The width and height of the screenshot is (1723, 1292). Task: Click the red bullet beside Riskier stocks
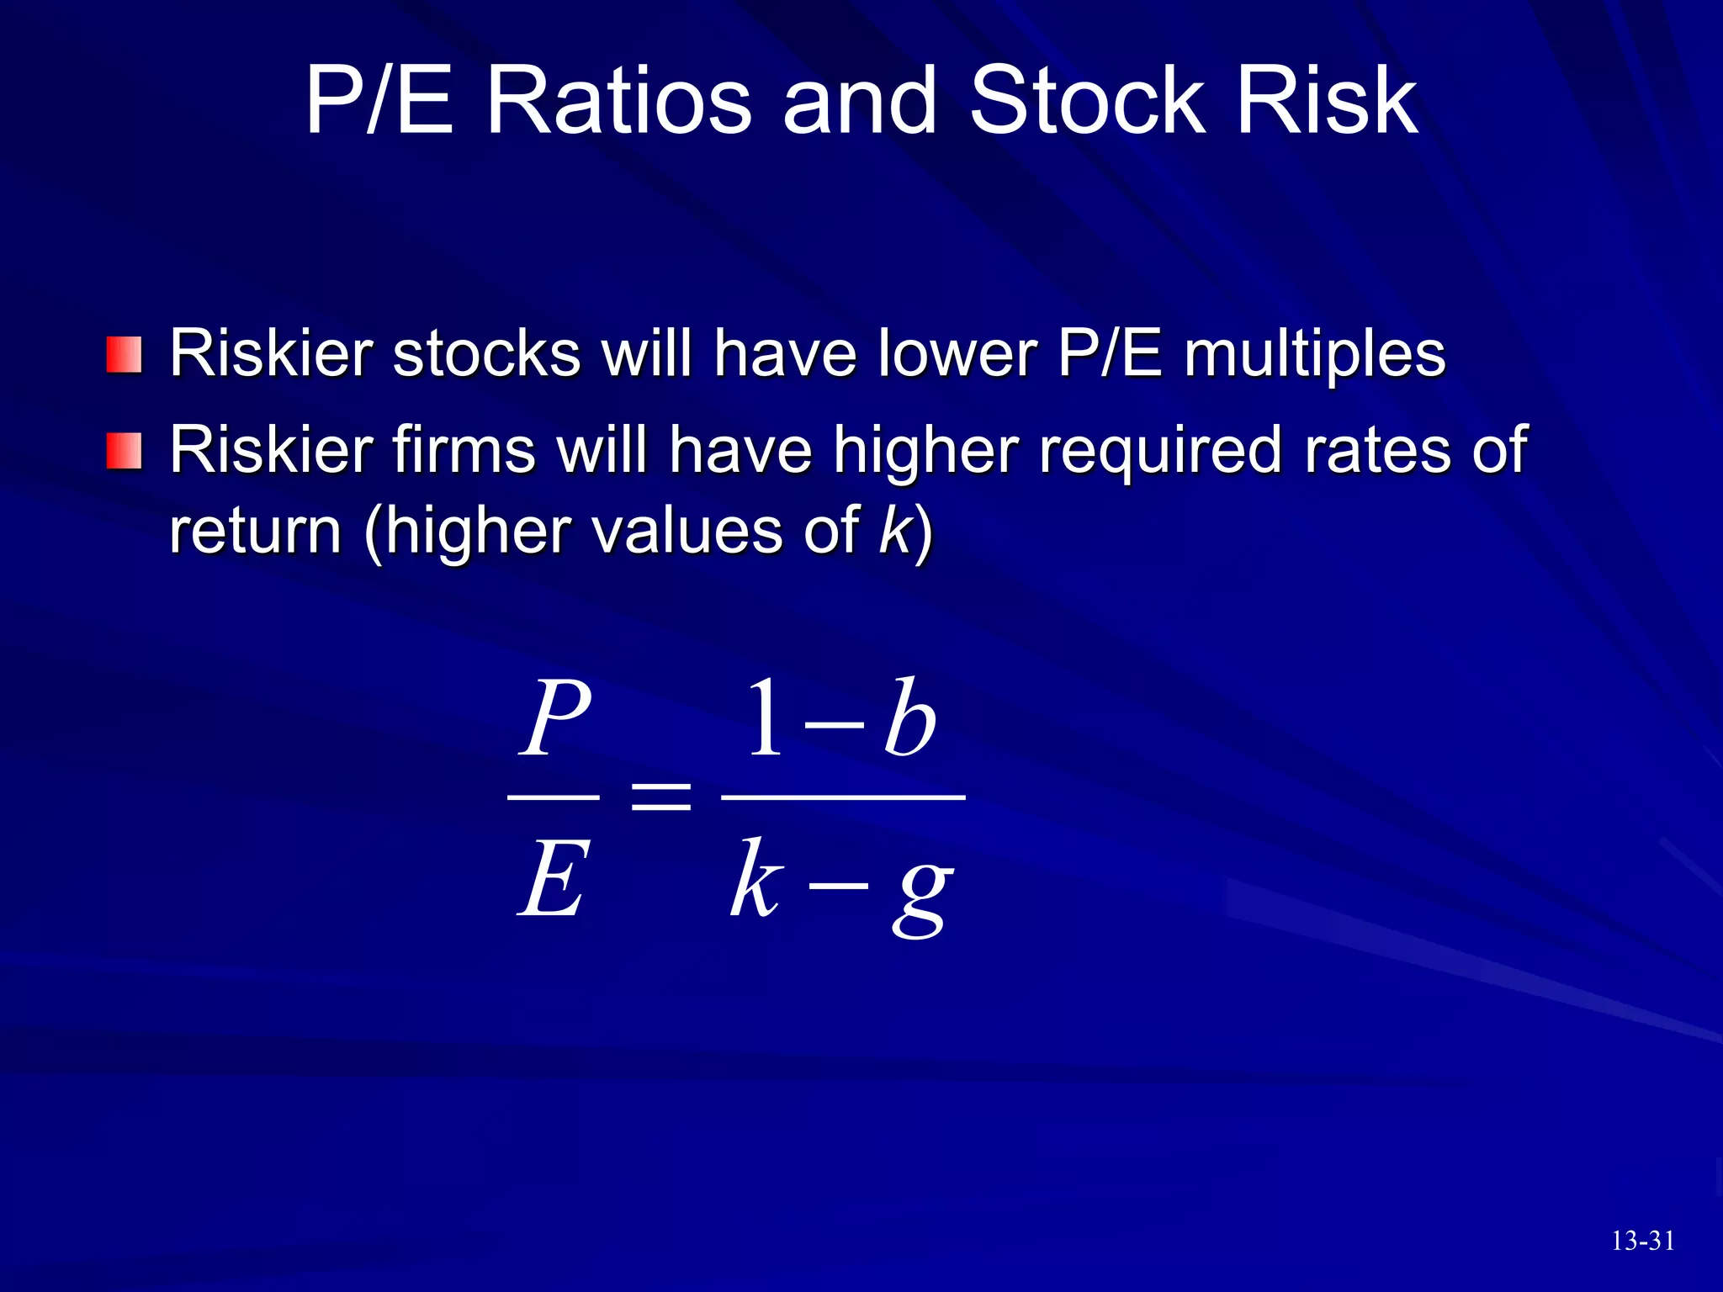point(124,355)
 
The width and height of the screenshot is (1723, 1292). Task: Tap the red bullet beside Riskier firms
point(124,452)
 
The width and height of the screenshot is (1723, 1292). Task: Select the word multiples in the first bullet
point(1315,355)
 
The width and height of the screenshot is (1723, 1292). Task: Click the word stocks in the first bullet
point(486,353)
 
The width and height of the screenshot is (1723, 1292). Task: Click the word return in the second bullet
point(255,532)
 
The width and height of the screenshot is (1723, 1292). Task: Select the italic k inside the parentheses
point(895,530)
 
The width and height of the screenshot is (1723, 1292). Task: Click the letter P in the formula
point(554,718)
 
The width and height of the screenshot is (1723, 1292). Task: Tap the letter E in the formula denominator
point(551,880)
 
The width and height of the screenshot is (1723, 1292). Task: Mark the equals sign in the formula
point(661,796)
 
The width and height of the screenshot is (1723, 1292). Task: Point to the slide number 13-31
point(1642,1241)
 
